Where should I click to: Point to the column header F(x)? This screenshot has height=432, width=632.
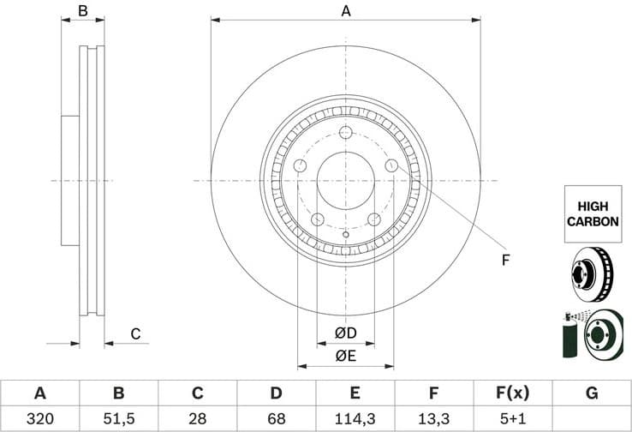pyautogui.click(x=513, y=393)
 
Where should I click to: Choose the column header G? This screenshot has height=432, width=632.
pyautogui.click(x=592, y=393)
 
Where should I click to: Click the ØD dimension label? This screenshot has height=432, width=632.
pyautogui.click(x=345, y=333)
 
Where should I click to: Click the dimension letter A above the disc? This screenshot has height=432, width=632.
pyautogui.click(x=346, y=11)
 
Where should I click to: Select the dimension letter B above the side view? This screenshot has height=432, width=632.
pyautogui.click(x=83, y=11)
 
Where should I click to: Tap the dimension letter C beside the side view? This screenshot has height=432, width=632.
pyautogui.click(x=134, y=334)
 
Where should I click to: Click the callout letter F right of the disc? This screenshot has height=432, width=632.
pyautogui.click(x=505, y=260)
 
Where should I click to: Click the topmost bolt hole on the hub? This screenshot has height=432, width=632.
pyautogui.click(x=346, y=132)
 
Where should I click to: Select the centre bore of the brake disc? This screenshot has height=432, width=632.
pyautogui.click(x=346, y=181)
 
